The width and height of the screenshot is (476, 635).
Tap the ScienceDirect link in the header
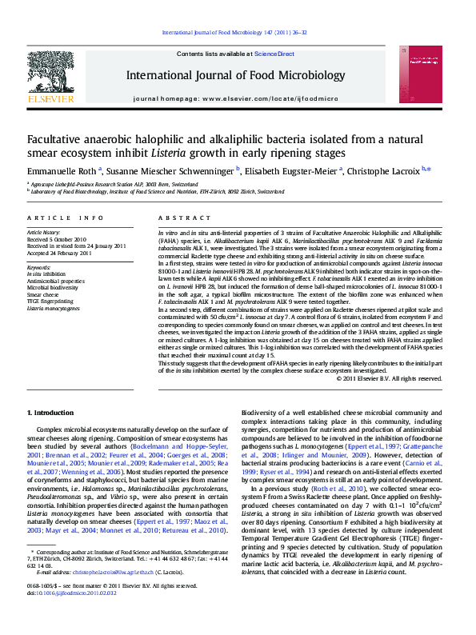tap(274, 54)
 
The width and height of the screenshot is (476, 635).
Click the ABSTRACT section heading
tap(174, 218)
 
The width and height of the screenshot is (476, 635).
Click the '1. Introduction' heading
tap(50, 412)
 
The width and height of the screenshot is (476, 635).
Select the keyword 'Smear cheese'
tap(43, 295)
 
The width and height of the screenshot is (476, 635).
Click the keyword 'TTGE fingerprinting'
tap(51, 302)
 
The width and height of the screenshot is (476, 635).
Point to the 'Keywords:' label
tap(39, 266)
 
